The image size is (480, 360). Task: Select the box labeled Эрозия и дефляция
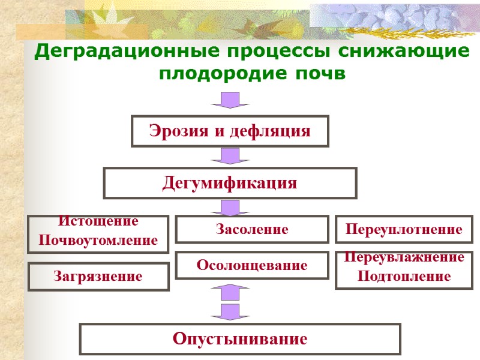230,131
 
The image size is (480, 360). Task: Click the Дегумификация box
230,183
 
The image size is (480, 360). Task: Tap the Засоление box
252,229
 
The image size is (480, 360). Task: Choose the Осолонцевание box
252,265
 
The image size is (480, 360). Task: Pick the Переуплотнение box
404,229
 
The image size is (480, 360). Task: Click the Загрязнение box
98,277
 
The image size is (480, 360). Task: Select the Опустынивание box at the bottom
240,339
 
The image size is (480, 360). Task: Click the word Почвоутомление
98,241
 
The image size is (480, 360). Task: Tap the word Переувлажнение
404,258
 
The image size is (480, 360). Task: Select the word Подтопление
404,277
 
